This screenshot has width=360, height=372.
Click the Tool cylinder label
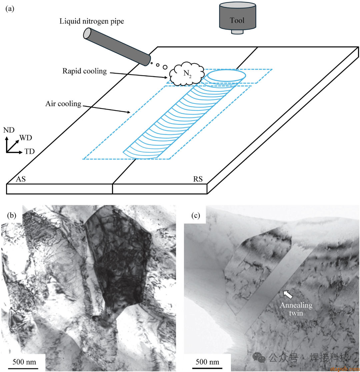tap(237, 20)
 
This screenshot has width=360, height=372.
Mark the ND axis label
tap(9, 130)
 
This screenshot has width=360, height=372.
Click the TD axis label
tap(29, 152)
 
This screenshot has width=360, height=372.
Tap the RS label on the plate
tap(198, 179)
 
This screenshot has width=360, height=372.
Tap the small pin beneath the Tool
tap(237, 32)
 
